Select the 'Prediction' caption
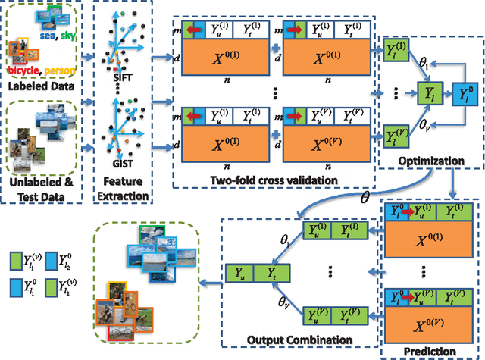click(430, 350)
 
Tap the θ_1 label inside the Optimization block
click(425, 69)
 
